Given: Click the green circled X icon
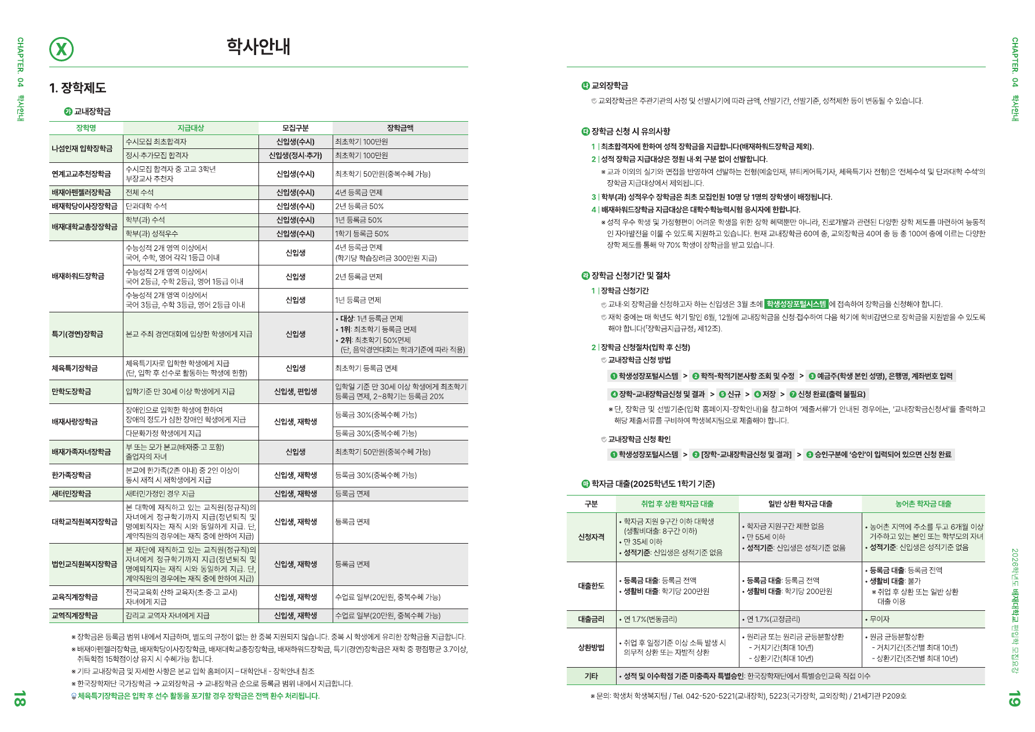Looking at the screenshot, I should [x=61, y=49].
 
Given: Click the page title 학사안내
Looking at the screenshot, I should [x=258, y=46].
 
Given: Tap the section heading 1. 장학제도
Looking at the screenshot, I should [x=78, y=88].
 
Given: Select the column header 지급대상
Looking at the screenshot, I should [x=191, y=128].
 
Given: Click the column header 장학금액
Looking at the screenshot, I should [x=400, y=128].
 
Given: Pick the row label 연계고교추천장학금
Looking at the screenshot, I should [x=81, y=174].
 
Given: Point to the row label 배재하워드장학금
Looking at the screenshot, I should [x=78, y=276].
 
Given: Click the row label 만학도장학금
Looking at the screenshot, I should [x=71, y=392].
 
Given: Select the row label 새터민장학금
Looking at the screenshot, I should [x=71, y=494].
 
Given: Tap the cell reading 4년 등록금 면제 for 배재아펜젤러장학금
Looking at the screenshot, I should [x=359, y=192].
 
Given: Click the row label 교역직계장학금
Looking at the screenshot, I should [x=75, y=616].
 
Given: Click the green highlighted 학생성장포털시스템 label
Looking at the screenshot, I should [x=796, y=304].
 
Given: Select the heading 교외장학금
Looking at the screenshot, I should [x=609, y=86].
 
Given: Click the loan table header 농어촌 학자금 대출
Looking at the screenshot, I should [x=923, y=504].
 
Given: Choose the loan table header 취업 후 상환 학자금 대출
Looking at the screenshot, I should [x=677, y=504].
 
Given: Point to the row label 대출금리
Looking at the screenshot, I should [x=591, y=620].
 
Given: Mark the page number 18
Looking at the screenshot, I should [x=19, y=698].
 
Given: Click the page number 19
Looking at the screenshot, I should [x=1014, y=698].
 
